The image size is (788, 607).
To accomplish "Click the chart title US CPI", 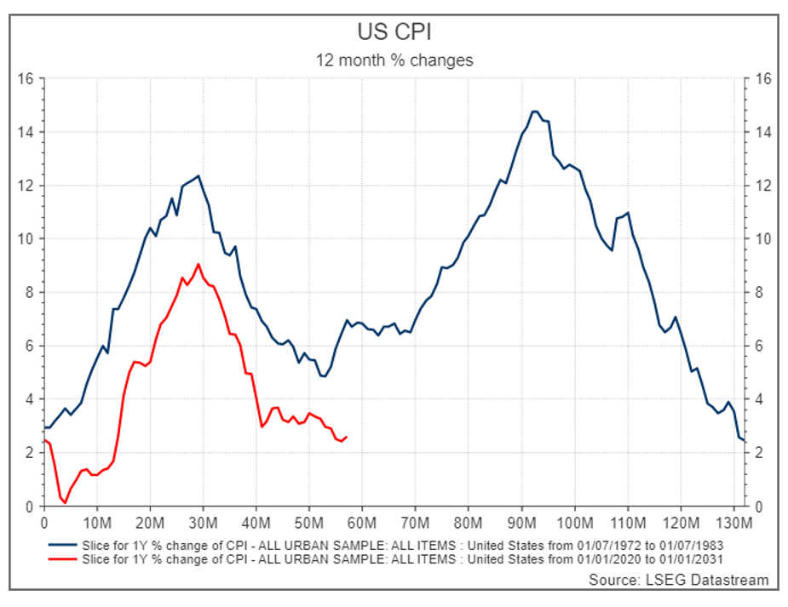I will pos(394,32).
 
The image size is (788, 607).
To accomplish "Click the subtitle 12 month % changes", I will pos(394,60).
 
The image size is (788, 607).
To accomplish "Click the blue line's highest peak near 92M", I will pos(534,112).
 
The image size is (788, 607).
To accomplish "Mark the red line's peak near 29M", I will pos(198,264).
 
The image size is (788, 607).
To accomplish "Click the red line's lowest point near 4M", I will pos(65,502).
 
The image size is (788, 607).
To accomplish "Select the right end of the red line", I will pos(346,437).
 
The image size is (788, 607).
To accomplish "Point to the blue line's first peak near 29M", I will pos(198,176).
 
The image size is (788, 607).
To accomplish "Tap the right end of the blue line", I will pos(744,440).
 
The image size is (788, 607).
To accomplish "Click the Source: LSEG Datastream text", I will pos(678,580).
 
